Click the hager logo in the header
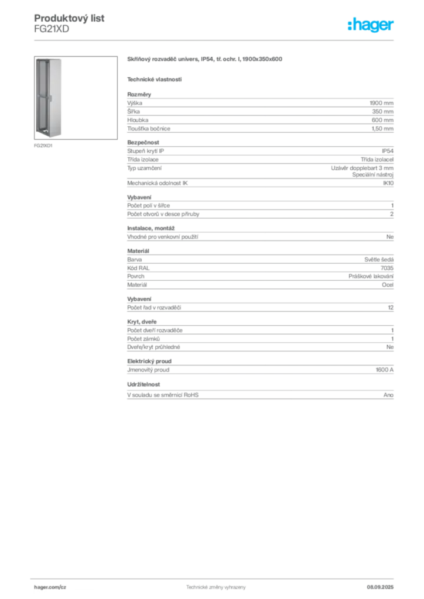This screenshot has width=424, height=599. [371, 25]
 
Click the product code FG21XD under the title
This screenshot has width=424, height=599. [52, 29]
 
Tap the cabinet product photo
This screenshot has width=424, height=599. [76, 98]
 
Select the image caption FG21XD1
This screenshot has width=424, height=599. [43, 146]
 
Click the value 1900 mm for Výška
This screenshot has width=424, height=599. [381, 103]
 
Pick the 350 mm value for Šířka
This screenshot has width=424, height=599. [382, 112]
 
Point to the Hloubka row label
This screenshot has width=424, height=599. [138, 120]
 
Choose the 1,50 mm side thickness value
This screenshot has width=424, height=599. [382, 129]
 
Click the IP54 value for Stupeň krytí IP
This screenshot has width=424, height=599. [387, 151]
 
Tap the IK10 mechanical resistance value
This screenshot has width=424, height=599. [388, 183]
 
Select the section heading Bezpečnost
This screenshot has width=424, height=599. [143, 143]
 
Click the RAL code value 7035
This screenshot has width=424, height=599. [387, 268]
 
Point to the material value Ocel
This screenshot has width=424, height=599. [388, 285]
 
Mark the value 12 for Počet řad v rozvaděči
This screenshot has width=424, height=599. [391, 308]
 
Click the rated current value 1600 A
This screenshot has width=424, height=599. [385, 370]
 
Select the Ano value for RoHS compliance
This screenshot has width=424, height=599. [388, 395]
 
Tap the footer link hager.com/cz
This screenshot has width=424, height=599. [50, 587]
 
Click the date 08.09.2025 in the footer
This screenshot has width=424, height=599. [380, 587]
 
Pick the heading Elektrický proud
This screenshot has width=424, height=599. [149, 362]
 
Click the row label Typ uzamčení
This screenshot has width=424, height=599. [145, 168]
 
